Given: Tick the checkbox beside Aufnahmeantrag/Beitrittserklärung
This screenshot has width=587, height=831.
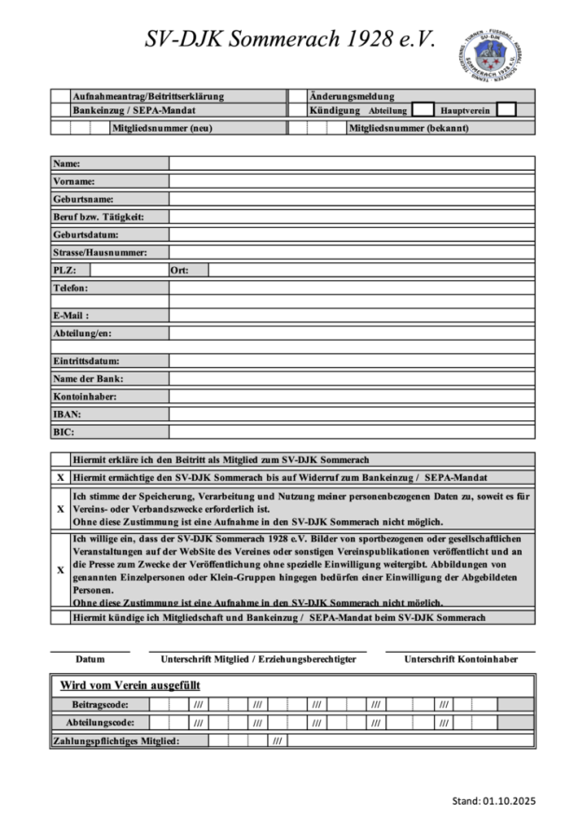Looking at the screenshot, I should [61, 96].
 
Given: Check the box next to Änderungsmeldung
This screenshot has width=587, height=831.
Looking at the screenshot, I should [298, 96].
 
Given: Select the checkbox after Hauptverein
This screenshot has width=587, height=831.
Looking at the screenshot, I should [506, 110].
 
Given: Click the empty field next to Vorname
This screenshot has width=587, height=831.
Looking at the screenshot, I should [351, 181].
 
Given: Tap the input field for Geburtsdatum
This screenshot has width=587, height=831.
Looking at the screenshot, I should [351, 234].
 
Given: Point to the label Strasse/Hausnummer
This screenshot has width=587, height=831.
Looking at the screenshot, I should [100, 252].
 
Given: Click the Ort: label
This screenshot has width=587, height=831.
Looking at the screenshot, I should [179, 270].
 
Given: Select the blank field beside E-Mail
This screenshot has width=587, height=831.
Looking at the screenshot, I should [351, 316].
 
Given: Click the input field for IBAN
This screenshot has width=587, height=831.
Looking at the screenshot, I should [351, 414].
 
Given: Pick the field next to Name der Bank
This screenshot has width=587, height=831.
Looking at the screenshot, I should [351, 378].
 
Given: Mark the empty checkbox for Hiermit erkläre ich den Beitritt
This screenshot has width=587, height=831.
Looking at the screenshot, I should [61, 459].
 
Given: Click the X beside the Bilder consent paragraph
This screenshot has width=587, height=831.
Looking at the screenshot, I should [61, 570].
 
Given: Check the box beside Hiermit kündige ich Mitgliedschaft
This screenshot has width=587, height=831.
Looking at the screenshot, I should [61, 617].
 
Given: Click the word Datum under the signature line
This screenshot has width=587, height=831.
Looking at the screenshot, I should [90, 659].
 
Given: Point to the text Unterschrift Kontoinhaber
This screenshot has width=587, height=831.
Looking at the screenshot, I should [460, 659].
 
